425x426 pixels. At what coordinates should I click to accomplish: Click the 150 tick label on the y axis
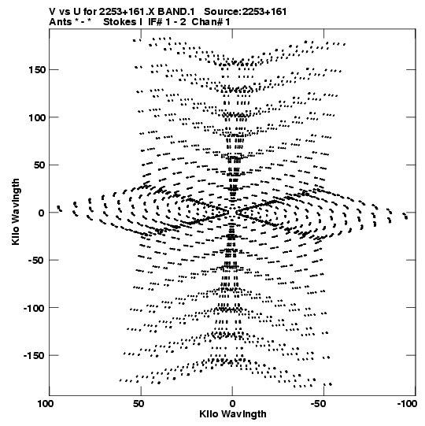coord(37,70)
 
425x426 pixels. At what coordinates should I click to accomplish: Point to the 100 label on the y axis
coord(37,117)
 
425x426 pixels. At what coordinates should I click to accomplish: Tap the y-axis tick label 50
coord(39,165)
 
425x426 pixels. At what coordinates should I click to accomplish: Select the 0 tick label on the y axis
coord(41,213)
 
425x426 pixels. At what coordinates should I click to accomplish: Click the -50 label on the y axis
coord(37,261)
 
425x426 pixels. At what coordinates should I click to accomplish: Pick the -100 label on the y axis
coord(35,308)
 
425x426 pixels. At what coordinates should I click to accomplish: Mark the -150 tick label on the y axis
coord(35,356)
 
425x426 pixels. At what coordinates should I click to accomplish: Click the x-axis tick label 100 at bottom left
coord(46,404)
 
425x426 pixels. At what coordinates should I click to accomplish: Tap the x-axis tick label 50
coord(139,404)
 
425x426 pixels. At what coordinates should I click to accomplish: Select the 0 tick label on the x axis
coord(232,404)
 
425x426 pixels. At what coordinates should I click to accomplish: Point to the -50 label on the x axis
coord(318,404)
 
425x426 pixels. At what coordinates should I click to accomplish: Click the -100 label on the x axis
coord(407,404)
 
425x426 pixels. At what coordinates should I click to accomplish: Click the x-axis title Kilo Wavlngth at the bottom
coord(233,414)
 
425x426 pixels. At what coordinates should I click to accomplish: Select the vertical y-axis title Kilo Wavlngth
coord(16,212)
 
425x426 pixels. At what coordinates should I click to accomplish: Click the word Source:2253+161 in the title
coord(246,12)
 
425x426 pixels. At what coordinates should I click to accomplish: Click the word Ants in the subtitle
coord(60,22)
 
